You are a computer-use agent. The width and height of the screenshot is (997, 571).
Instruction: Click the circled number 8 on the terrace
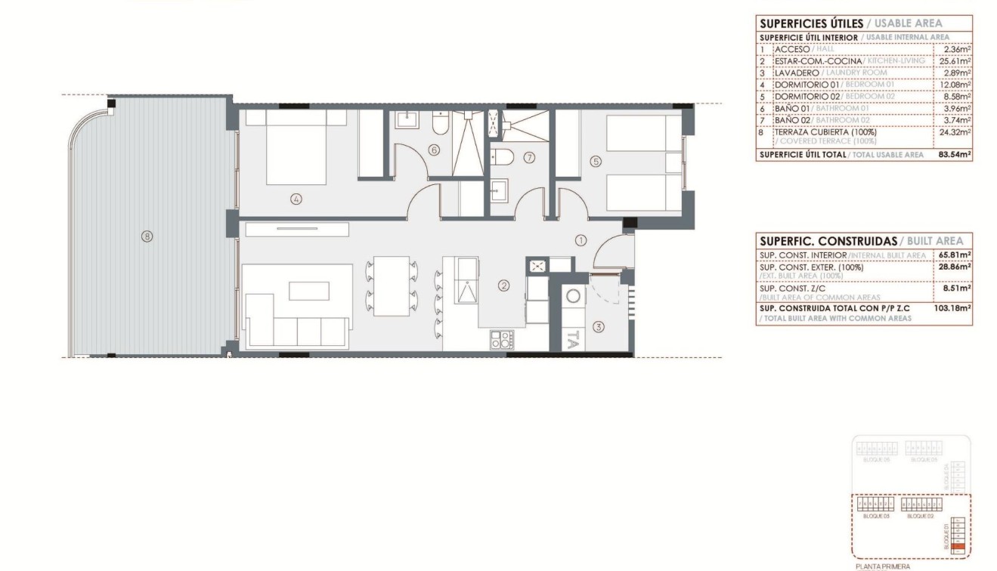147,236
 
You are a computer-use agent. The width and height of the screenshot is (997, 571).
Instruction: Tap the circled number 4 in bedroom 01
296,199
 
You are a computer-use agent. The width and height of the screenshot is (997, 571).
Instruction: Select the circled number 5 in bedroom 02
596,160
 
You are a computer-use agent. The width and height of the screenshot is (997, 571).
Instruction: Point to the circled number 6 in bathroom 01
433,150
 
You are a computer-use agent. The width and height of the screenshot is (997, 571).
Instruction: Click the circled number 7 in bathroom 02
529,158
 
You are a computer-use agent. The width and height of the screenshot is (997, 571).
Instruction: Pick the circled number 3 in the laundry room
598,327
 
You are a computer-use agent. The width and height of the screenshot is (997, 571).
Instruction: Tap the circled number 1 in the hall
581,241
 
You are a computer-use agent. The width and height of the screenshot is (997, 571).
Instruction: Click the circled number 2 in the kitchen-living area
503,285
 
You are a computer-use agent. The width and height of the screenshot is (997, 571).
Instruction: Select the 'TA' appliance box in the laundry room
572,341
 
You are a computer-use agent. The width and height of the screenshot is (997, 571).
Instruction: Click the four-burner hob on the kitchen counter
501,339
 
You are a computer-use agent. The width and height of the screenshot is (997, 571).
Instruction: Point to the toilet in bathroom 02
502,157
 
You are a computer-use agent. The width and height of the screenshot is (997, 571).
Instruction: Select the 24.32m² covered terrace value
957,131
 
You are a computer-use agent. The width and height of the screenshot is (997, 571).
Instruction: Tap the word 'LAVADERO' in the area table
798,73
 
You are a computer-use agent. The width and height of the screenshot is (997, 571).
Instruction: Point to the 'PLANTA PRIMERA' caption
883,566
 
